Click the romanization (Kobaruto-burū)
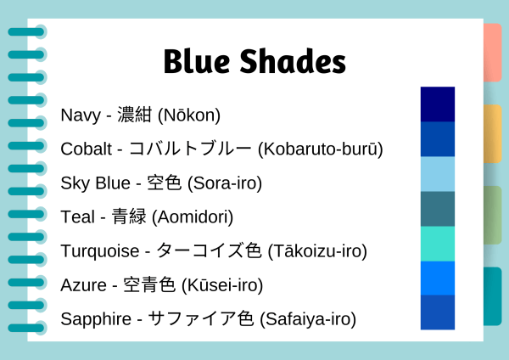[323, 149]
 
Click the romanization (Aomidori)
[192, 217]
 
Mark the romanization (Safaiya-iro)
[307, 319]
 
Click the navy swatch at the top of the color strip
[438, 104]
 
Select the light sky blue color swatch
[438, 173]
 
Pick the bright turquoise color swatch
[438, 243]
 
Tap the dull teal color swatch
[438, 208]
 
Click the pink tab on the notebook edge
[493, 52]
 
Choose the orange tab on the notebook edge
[493, 133]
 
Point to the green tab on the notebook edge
[493, 215]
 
